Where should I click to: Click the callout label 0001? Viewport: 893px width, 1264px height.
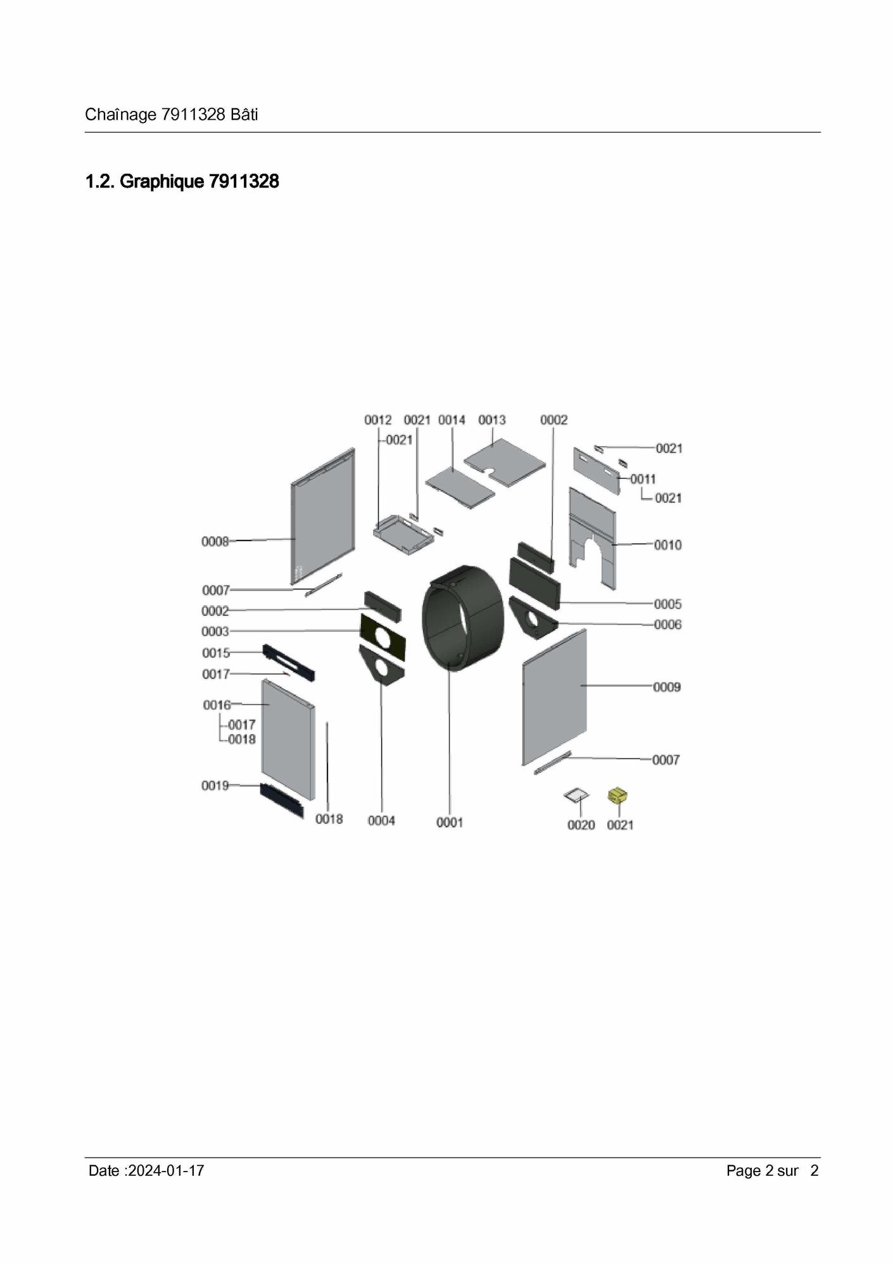click(450, 822)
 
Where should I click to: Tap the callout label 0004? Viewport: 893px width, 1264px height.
click(381, 820)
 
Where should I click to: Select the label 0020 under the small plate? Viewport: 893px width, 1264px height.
click(581, 825)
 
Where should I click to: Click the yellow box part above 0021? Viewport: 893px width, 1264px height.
click(617, 796)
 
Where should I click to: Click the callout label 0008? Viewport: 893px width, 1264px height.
click(215, 542)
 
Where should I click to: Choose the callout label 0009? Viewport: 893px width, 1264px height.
click(667, 687)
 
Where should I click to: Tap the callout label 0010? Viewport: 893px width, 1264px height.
click(668, 545)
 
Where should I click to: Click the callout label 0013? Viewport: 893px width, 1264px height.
click(492, 420)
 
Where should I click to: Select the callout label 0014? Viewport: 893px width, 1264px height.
click(452, 420)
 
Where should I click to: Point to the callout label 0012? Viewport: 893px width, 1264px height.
click(378, 420)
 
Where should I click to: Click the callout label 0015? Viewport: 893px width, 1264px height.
click(216, 653)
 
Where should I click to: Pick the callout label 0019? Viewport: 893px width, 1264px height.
click(215, 786)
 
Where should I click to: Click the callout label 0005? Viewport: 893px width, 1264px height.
click(668, 604)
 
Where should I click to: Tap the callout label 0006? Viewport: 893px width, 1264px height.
click(668, 625)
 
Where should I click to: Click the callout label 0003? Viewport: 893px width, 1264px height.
click(215, 632)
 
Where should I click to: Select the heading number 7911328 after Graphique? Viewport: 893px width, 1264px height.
click(244, 182)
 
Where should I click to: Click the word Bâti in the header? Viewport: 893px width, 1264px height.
click(244, 115)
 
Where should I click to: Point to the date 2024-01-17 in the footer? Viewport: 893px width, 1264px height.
click(166, 1171)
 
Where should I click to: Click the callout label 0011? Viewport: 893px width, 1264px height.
click(643, 480)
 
